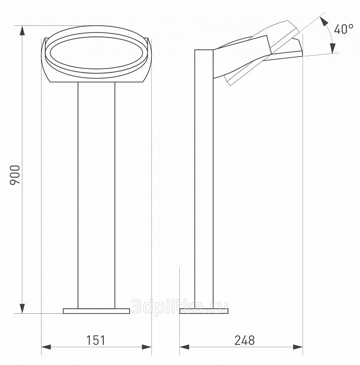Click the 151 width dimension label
[96, 340]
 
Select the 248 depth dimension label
[245, 340]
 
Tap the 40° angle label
[344, 29]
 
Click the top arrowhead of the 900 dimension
[22, 31]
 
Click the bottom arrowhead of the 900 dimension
[22, 308]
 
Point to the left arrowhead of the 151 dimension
[46, 347]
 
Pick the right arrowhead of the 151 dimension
[147, 347]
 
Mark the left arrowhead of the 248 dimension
[184, 347]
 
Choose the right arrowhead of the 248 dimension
[298, 347]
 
